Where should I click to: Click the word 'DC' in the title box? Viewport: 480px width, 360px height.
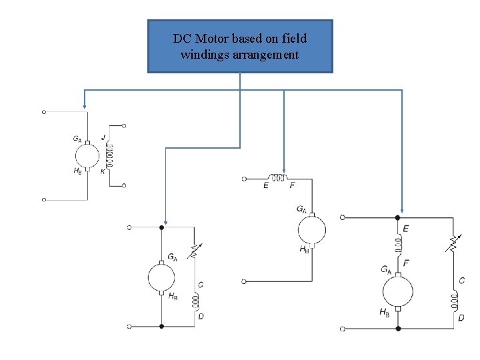coord(182,39)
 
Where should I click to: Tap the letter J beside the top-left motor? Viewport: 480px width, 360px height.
coord(103,137)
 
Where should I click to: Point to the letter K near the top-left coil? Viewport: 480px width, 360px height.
coord(102,171)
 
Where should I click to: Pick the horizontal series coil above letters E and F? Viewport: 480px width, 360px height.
coord(274,177)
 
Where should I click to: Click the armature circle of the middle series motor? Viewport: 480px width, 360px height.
coord(311,231)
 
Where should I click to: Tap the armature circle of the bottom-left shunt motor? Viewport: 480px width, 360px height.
coord(161,277)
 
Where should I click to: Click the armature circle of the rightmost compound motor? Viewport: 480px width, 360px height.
coord(397,291)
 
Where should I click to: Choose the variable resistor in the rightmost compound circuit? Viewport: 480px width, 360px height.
coord(454,243)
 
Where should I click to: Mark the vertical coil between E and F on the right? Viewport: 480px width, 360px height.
coord(398,246)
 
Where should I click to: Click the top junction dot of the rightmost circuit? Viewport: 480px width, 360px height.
coord(398,217)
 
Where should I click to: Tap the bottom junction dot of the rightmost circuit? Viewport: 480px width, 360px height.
coord(398,329)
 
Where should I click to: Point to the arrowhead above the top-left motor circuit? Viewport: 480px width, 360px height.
coord(84,104)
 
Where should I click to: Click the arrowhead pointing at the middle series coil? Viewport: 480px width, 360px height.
coord(284,171)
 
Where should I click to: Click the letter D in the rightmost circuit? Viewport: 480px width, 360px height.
coord(461,318)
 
